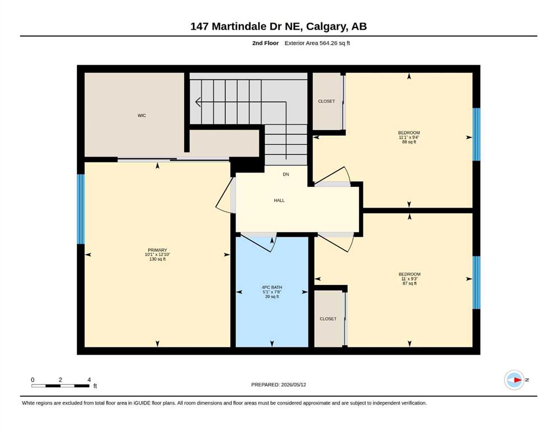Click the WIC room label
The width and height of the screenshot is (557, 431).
click(x=142, y=116)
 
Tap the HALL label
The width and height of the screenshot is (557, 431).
click(x=279, y=200)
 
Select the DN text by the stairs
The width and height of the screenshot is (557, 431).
click(x=286, y=175)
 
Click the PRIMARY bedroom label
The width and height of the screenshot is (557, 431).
click(x=158, y=250)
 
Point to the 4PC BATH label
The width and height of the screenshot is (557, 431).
click(x=271, y=287)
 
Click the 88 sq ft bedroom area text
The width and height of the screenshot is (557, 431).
click(x=409, y=142)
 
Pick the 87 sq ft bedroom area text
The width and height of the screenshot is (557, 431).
click(x=409, y=283)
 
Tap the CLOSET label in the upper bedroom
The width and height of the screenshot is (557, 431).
click(x=326, y=101)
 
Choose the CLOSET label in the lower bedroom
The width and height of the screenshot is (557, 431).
click(x=328, y=319)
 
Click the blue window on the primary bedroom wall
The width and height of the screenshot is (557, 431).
click(x=81, y=209)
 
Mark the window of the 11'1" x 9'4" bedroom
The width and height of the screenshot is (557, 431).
click(x=476, y=134)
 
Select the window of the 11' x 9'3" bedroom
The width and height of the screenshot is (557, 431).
click(x=476, y=282)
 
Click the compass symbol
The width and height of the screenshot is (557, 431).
click(x=515, y=380)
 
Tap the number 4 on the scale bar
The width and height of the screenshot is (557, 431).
click(x=89, y=380)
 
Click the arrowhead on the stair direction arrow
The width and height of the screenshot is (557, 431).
click(x=198, y=102)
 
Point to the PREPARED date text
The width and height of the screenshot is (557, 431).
click(x=278, y=384)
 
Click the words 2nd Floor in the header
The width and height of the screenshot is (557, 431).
click(x=265, y=43)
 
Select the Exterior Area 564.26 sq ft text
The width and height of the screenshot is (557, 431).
click(x=317, y=43)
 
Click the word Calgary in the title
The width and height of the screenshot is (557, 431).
click(x=326, y=26)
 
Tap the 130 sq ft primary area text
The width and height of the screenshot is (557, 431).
click(x=158, y=259)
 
